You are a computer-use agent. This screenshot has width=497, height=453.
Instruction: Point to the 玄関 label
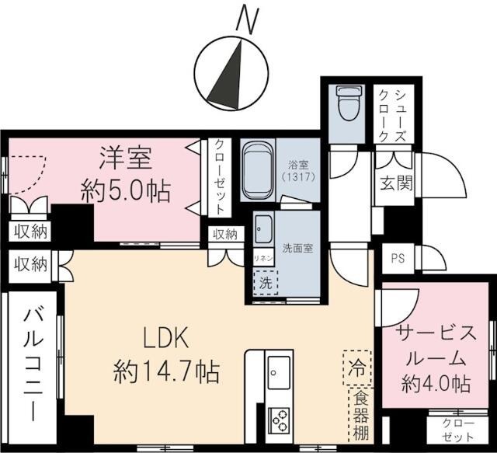pos(396,186)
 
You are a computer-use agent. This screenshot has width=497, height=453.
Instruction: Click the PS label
pos(398,258)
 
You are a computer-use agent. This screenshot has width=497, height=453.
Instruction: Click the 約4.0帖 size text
pos(436,383)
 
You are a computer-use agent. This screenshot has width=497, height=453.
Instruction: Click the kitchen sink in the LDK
pos(279,374)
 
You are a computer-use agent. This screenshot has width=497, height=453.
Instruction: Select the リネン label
pos(262,258)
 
